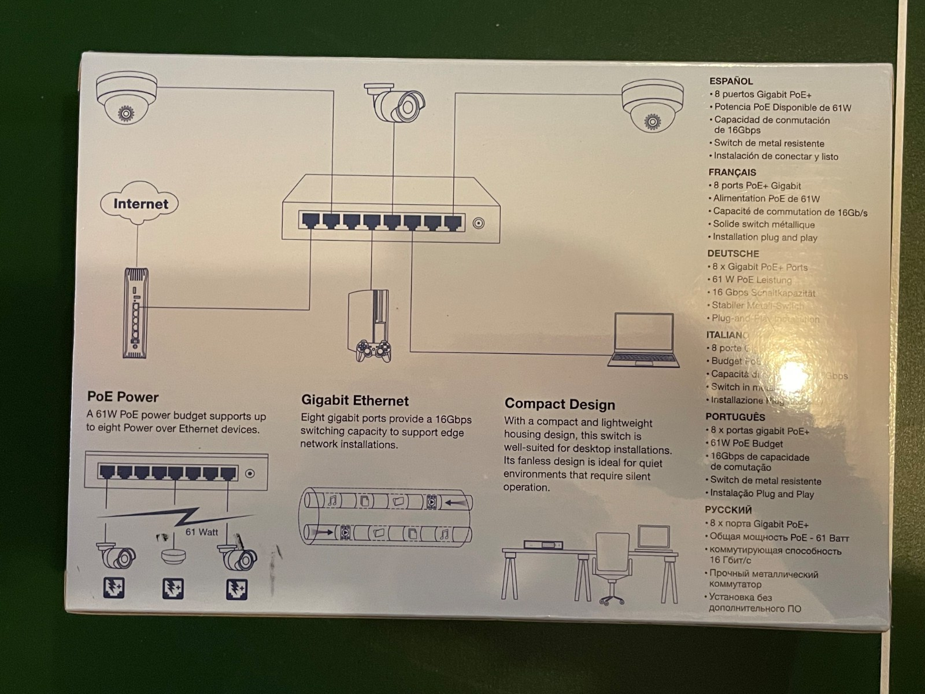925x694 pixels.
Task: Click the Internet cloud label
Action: click(x=140, y=204)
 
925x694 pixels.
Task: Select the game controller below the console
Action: click(x=372, y=350)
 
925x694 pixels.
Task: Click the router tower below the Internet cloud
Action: click(x=136, y=313)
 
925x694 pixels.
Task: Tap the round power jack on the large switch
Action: click(x=478, y=223)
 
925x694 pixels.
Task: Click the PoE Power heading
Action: click(x=123, y=397)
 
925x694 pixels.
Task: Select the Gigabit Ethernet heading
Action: click(x=354, y=400)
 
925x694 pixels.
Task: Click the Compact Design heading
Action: click(x=559, y=404)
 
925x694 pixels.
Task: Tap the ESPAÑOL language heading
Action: click(x=731, y=82)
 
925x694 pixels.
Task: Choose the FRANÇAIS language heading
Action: click(x=732, y=172)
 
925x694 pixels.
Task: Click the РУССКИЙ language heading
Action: click(x=728, y=510)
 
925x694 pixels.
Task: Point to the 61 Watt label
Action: click(x=202, y=532)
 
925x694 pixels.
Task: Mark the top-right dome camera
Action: click(x=652, y=106)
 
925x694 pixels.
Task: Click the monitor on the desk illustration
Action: click(x=653, y=537)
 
